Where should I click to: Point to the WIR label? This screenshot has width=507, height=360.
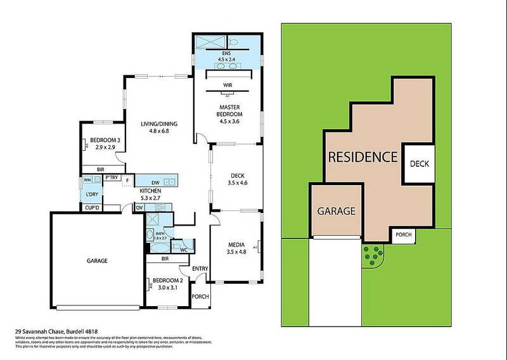[x=227, y=84]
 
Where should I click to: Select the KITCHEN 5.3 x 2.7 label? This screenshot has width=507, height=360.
[x=150, y=194]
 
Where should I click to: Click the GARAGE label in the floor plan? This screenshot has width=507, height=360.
[x=93, y=260]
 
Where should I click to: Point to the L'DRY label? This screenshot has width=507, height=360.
[x=93, y=191]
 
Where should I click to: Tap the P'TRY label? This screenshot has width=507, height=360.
[x=113, y=177]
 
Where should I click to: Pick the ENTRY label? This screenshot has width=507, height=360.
[x=200, y=269]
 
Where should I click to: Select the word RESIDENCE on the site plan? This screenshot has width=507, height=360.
[x=362, y=157]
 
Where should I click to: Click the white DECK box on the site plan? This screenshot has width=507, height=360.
[x=420, y=164]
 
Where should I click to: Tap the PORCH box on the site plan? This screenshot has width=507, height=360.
[x=403, y=235]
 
